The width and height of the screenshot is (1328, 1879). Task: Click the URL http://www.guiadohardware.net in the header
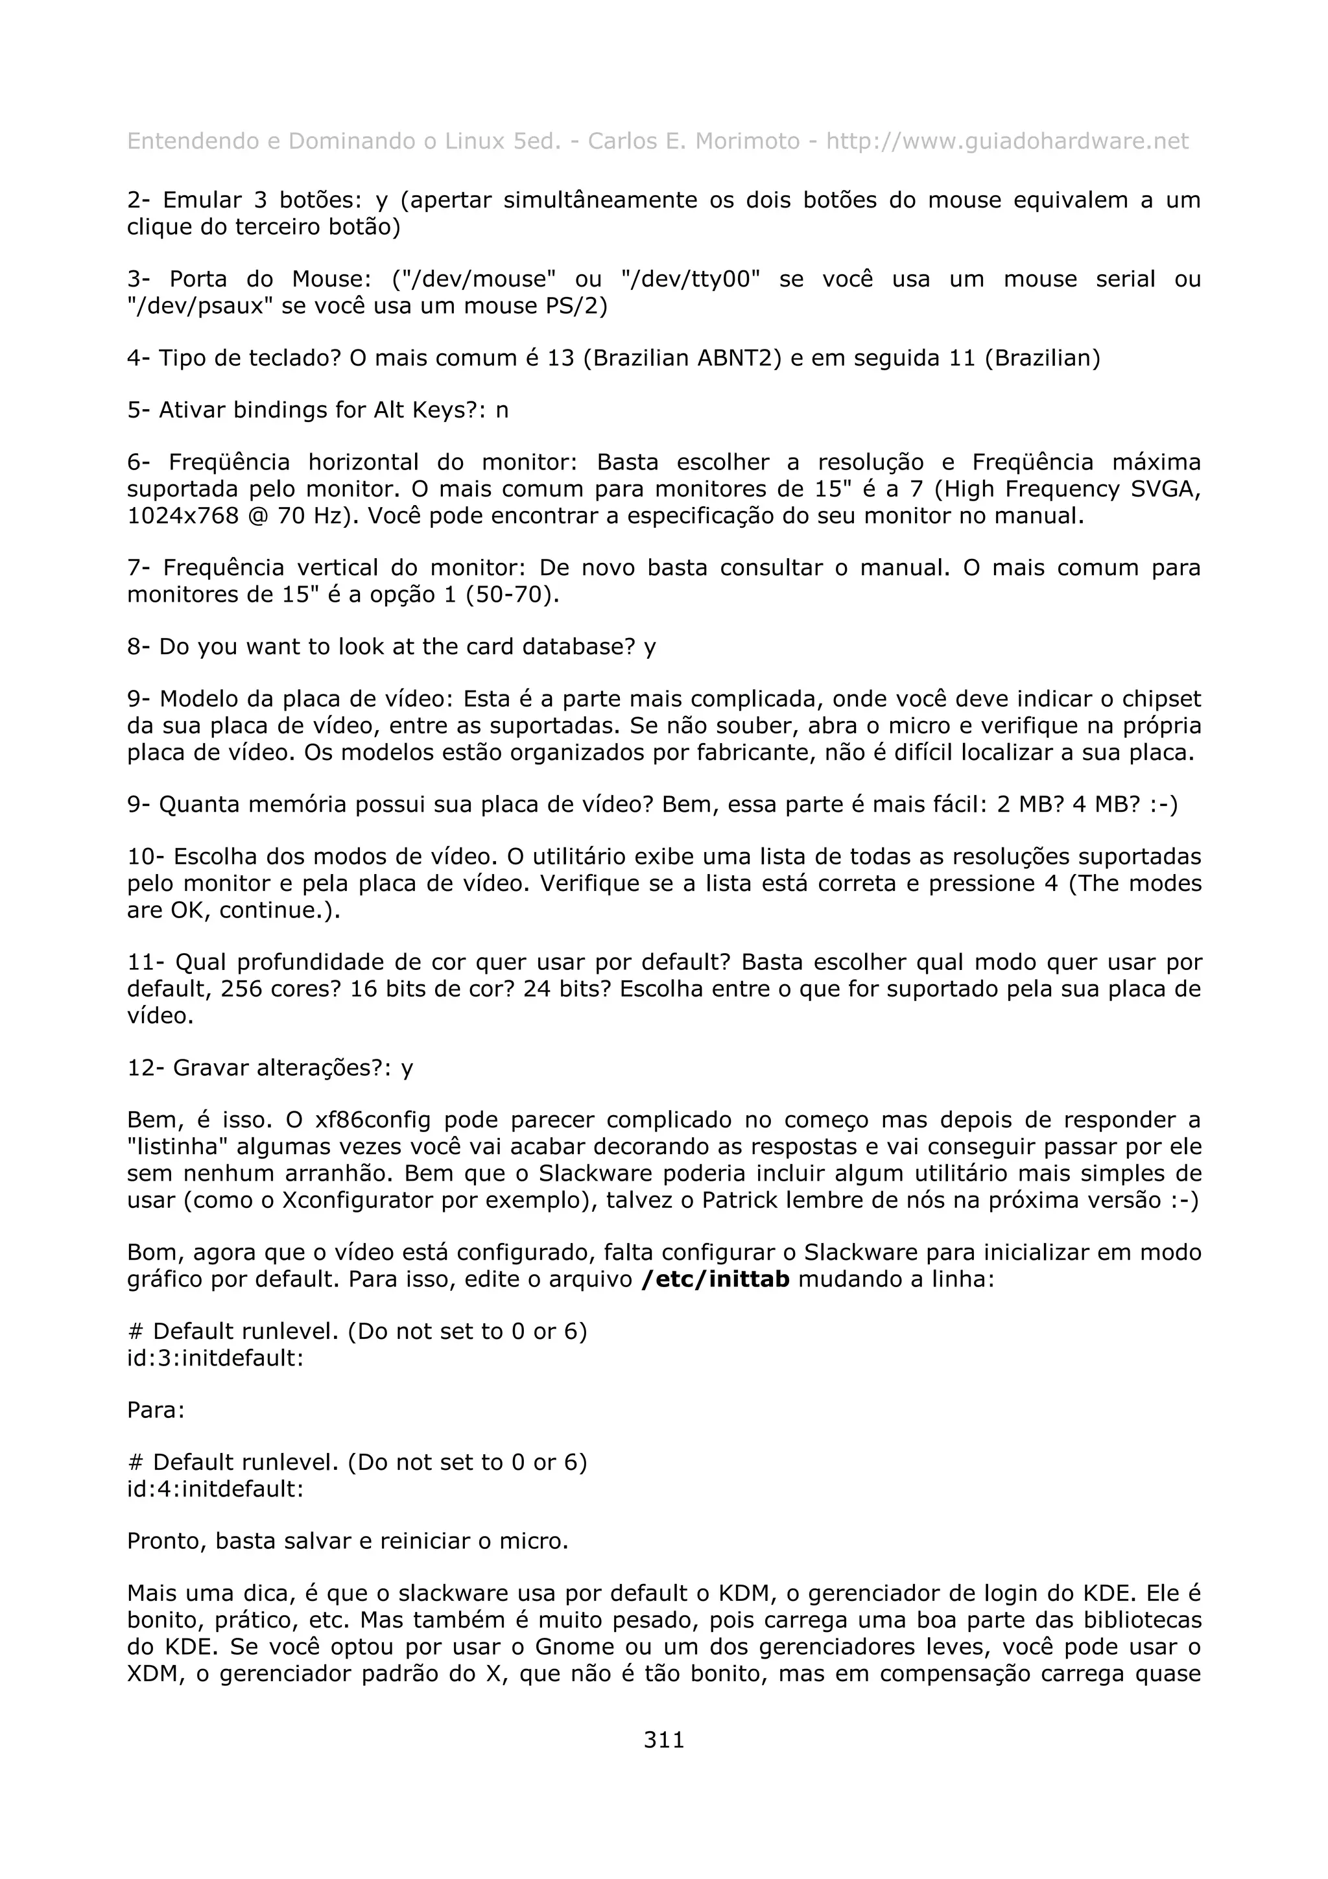(1006, 141)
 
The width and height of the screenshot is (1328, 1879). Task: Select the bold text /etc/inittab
(716, 1279)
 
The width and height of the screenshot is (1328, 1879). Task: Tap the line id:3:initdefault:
(215, 1358)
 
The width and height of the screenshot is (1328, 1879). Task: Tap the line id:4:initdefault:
(215, 1489)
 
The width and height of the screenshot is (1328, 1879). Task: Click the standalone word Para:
(156, 1410)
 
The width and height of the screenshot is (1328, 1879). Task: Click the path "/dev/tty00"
(691, 279)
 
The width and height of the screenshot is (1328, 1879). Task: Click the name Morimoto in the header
(747, 141)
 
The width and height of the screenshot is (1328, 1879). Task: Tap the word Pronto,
(168, 1541)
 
